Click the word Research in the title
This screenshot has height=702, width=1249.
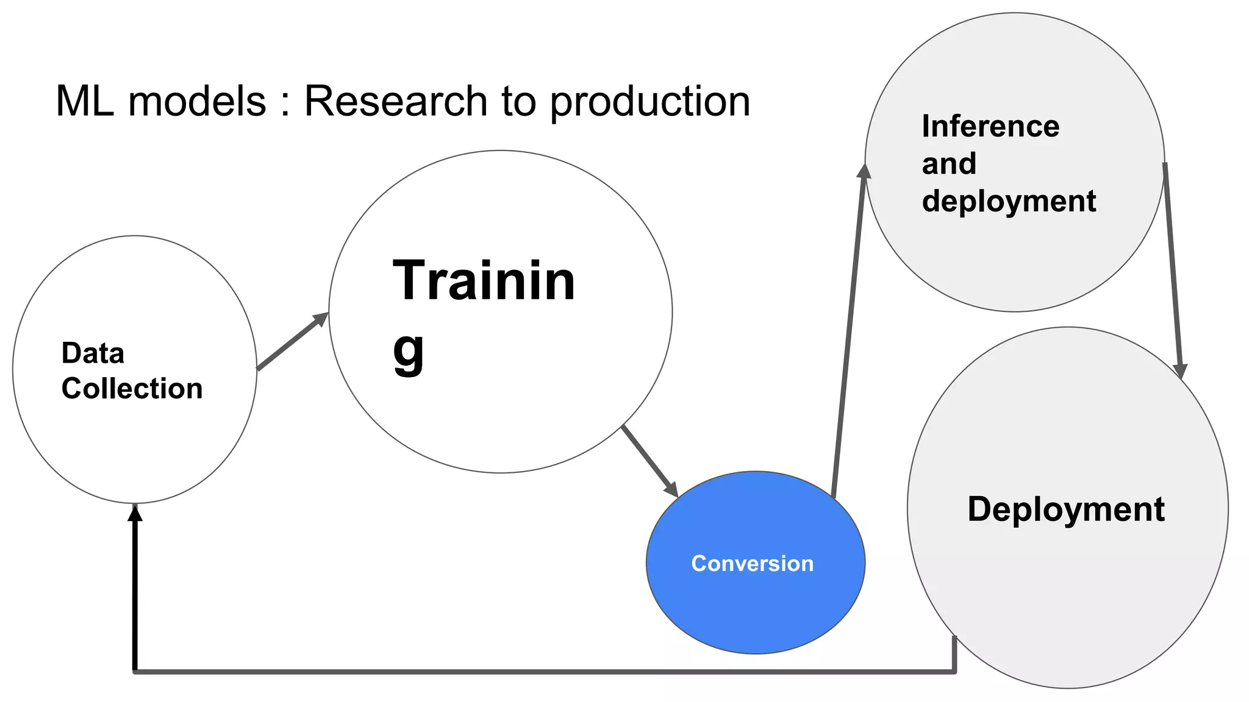pos(395,101)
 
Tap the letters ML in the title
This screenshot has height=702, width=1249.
pos(84,101)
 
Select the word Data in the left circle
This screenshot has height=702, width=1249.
pos(93,353)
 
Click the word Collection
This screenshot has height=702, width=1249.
pos(132,389)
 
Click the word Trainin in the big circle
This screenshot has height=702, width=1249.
pos(484,281)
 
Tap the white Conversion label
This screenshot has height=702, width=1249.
pos(752,564)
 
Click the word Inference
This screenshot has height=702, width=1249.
pos(990,127)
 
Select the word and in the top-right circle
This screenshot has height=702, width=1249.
pos(949,164)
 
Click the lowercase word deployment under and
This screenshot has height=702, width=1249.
pos(1009,202)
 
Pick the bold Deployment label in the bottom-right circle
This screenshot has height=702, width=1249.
pos(1065,509)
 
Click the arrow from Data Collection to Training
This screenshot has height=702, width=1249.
pos(292,342)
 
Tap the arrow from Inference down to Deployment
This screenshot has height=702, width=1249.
pos(1173,268)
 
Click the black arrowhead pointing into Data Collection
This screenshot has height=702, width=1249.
pos(135,514)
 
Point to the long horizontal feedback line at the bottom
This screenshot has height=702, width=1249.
pos(543,672)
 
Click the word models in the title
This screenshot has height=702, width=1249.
pos(197,101)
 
